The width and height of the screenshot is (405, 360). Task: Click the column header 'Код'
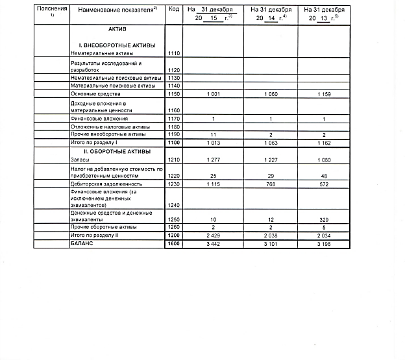point(173,9)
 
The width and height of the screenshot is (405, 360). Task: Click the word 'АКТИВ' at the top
point(117,30)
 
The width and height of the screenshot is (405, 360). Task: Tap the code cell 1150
point(173,95)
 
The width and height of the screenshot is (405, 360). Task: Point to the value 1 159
point(323,95)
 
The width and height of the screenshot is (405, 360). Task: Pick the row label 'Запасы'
point(80,160)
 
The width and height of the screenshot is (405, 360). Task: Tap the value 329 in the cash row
point(323,219)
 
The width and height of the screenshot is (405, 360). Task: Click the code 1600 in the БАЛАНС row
point(173,244)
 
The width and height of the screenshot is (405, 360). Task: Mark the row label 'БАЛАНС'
point(82,244)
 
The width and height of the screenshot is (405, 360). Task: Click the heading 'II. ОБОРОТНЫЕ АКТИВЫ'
point(117,151)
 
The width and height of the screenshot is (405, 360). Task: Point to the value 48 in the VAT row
point(323,176)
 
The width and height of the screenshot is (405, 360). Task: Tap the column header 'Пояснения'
point(51,9)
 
